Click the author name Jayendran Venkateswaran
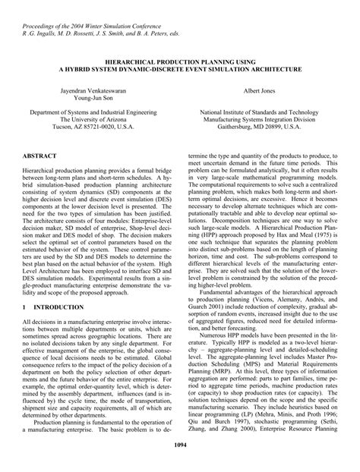(88, 90)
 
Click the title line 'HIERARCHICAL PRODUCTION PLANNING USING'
(179, 59)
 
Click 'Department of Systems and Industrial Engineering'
(88, 111)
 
